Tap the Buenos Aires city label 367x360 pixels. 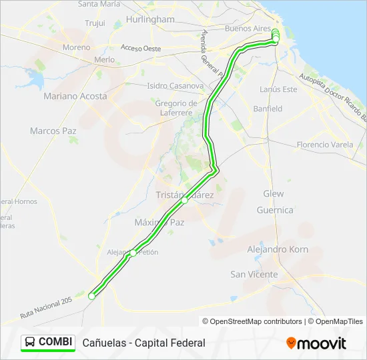[248, 29]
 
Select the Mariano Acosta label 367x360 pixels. [75, 96]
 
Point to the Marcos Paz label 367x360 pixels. [53, 131]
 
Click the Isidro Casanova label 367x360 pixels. [175, 85]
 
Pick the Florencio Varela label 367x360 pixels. [325, 144]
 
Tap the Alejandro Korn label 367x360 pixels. [277, 249]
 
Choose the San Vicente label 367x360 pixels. [254, 274]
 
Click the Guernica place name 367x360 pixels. [275, 210]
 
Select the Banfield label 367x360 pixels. [268, 109]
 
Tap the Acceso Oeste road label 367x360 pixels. [141, 48]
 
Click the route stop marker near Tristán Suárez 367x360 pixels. [185, 200]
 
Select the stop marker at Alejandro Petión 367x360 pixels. [133, 253]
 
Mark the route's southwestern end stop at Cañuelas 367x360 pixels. [91, 296]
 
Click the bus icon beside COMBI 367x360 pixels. [30, 342]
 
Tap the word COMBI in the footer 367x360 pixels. [55, 342]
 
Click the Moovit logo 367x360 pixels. [316, 343]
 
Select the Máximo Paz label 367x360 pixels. [159, 222]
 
